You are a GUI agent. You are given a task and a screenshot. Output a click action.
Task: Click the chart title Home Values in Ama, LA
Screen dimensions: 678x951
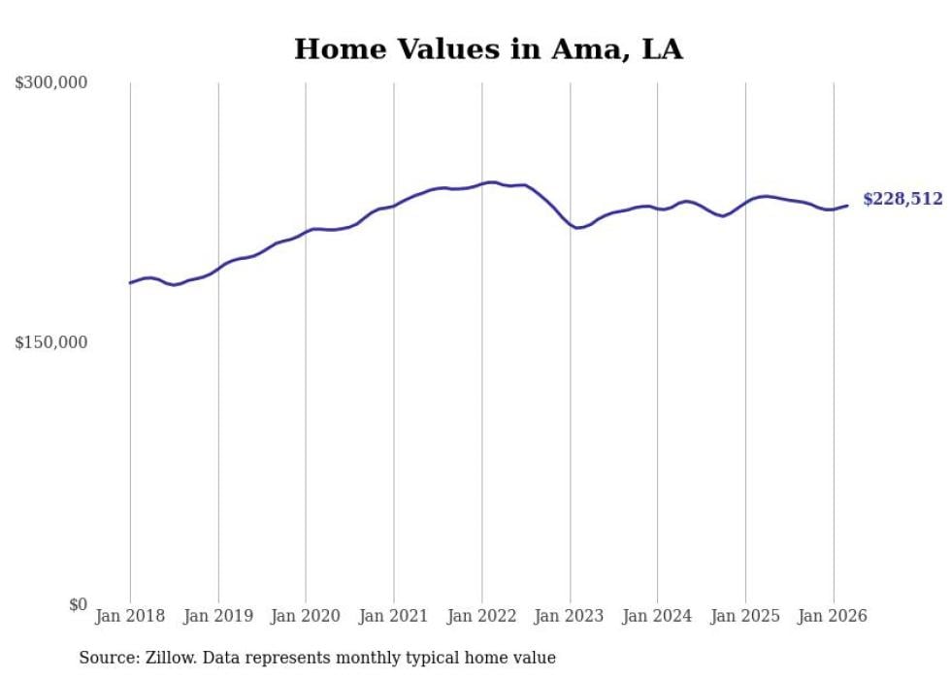click(488, 49)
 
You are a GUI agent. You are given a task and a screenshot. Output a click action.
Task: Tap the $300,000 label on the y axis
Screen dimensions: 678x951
click(51, 82)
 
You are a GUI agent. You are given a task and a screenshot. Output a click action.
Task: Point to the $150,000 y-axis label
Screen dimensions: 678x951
click(51, 342)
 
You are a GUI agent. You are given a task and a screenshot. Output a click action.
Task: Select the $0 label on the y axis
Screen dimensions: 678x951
click(77, 604)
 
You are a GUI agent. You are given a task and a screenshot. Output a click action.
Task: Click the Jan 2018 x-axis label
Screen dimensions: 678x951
click(130, 616)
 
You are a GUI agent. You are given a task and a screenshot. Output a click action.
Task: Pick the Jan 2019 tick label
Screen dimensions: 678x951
click(218, 616)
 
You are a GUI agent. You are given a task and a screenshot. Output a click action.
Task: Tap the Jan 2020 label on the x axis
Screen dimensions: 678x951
click(306, 616)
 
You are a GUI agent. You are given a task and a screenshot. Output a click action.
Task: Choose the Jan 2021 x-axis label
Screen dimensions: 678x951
click(394, 616)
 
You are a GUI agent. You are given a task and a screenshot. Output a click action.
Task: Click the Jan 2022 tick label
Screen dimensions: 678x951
click(481, 616)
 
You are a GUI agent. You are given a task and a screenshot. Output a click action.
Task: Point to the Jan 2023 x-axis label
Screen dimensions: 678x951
click(570, 616)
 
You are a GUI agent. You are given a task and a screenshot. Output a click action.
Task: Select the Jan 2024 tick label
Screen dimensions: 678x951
click(657, 616)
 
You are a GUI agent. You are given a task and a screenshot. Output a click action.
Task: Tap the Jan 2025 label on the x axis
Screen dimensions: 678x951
click(745, 616)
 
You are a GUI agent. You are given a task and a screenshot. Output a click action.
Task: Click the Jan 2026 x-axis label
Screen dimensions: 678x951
click(833, 616)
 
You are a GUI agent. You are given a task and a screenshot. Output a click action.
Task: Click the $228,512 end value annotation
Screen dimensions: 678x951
click(902, 199)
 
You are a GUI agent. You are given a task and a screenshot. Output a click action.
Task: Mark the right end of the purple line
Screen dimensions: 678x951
click(847, 205)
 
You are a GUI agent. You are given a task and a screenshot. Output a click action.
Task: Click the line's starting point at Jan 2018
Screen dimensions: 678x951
click(130, 283)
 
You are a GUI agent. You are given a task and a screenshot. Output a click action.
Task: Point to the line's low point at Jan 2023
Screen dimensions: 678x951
click(578, 228)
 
